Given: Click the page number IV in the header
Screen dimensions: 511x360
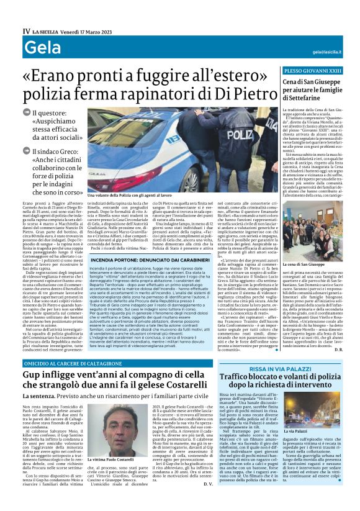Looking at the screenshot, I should tap(26, 30).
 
